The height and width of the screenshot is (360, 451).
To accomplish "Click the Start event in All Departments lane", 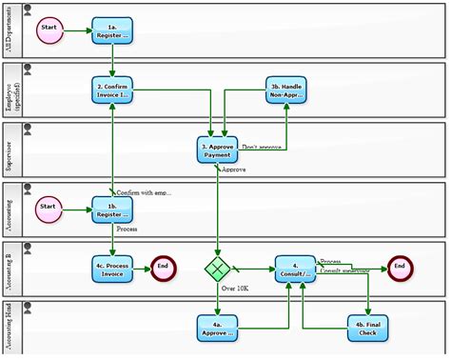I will (49, 30).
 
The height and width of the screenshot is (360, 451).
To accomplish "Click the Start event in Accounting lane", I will (49, 208).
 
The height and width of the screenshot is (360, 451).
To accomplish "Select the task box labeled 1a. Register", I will (112, 30).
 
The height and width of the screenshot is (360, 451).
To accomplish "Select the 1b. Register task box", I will (112, 209).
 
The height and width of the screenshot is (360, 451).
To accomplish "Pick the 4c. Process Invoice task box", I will (112, 268).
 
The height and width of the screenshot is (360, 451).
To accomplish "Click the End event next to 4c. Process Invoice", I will (163, 268).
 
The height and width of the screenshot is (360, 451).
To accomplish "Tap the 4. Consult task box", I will (295, 268).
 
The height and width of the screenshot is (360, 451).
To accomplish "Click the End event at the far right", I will (400, 268).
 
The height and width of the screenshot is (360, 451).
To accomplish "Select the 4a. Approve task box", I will (217, 327).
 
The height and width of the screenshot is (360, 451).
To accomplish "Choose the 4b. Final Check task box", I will (367, 327).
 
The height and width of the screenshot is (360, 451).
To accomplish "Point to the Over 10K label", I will (235, 287).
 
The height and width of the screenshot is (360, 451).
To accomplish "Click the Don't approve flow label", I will (264, 147).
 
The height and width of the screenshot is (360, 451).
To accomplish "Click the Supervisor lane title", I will (9, 150).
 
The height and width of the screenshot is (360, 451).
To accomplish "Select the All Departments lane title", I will (9, 31).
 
